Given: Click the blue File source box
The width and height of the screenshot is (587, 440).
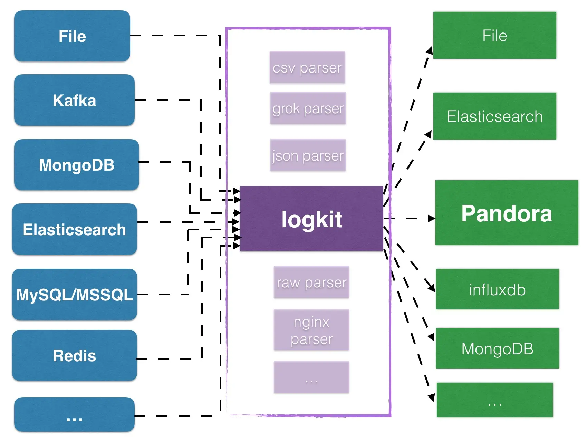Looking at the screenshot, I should [72, 36].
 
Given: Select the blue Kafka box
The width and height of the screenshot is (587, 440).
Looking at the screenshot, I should [74, 100].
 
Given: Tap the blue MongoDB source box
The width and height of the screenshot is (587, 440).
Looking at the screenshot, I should [76, 165].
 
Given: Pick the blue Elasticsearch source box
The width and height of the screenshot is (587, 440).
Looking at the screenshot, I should [74, 229].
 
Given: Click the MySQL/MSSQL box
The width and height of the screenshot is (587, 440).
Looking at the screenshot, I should [74, 294].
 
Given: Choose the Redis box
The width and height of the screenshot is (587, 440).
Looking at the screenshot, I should [74, 355].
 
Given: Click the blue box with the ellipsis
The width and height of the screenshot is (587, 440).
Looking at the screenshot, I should [74, 414].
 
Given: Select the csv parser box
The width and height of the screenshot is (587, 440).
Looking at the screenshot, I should [307, 67].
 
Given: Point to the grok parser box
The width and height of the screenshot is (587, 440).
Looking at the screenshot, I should [308, 108].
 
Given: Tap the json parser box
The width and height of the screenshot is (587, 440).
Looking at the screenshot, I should [308, 155].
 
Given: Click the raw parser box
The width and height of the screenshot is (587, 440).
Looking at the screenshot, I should [311, 282].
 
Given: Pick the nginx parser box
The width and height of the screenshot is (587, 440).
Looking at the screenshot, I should [311, 330].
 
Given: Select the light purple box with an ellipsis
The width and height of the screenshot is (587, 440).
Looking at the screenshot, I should [311, 377].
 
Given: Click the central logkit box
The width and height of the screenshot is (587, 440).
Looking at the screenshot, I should [311, 219].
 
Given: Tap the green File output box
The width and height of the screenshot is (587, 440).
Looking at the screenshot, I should [494, 35].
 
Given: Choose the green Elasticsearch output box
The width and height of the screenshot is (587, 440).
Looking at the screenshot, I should [494, 116].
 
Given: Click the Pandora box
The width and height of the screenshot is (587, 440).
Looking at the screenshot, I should [507, 213].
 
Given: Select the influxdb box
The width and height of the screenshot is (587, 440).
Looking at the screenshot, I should [497, 289].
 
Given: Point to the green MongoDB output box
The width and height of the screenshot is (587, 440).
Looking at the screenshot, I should [497, 348].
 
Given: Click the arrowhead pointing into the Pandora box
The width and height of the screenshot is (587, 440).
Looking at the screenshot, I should [432, 218].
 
